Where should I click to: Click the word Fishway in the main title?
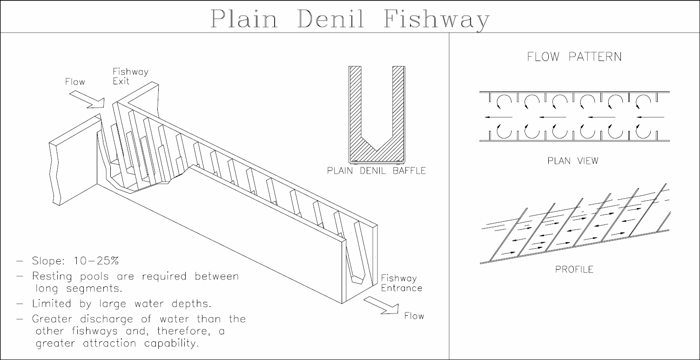[x=437, y=19]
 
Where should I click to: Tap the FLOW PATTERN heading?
[x=574, y=57]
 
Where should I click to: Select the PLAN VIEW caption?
[x=573, y=161]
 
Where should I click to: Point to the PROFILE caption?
[x=574, y=270]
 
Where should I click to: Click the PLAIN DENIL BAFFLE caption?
[x=376, y=171]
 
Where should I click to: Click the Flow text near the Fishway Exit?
[x=75, y=82]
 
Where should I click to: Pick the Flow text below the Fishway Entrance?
[x=414, y=316]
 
